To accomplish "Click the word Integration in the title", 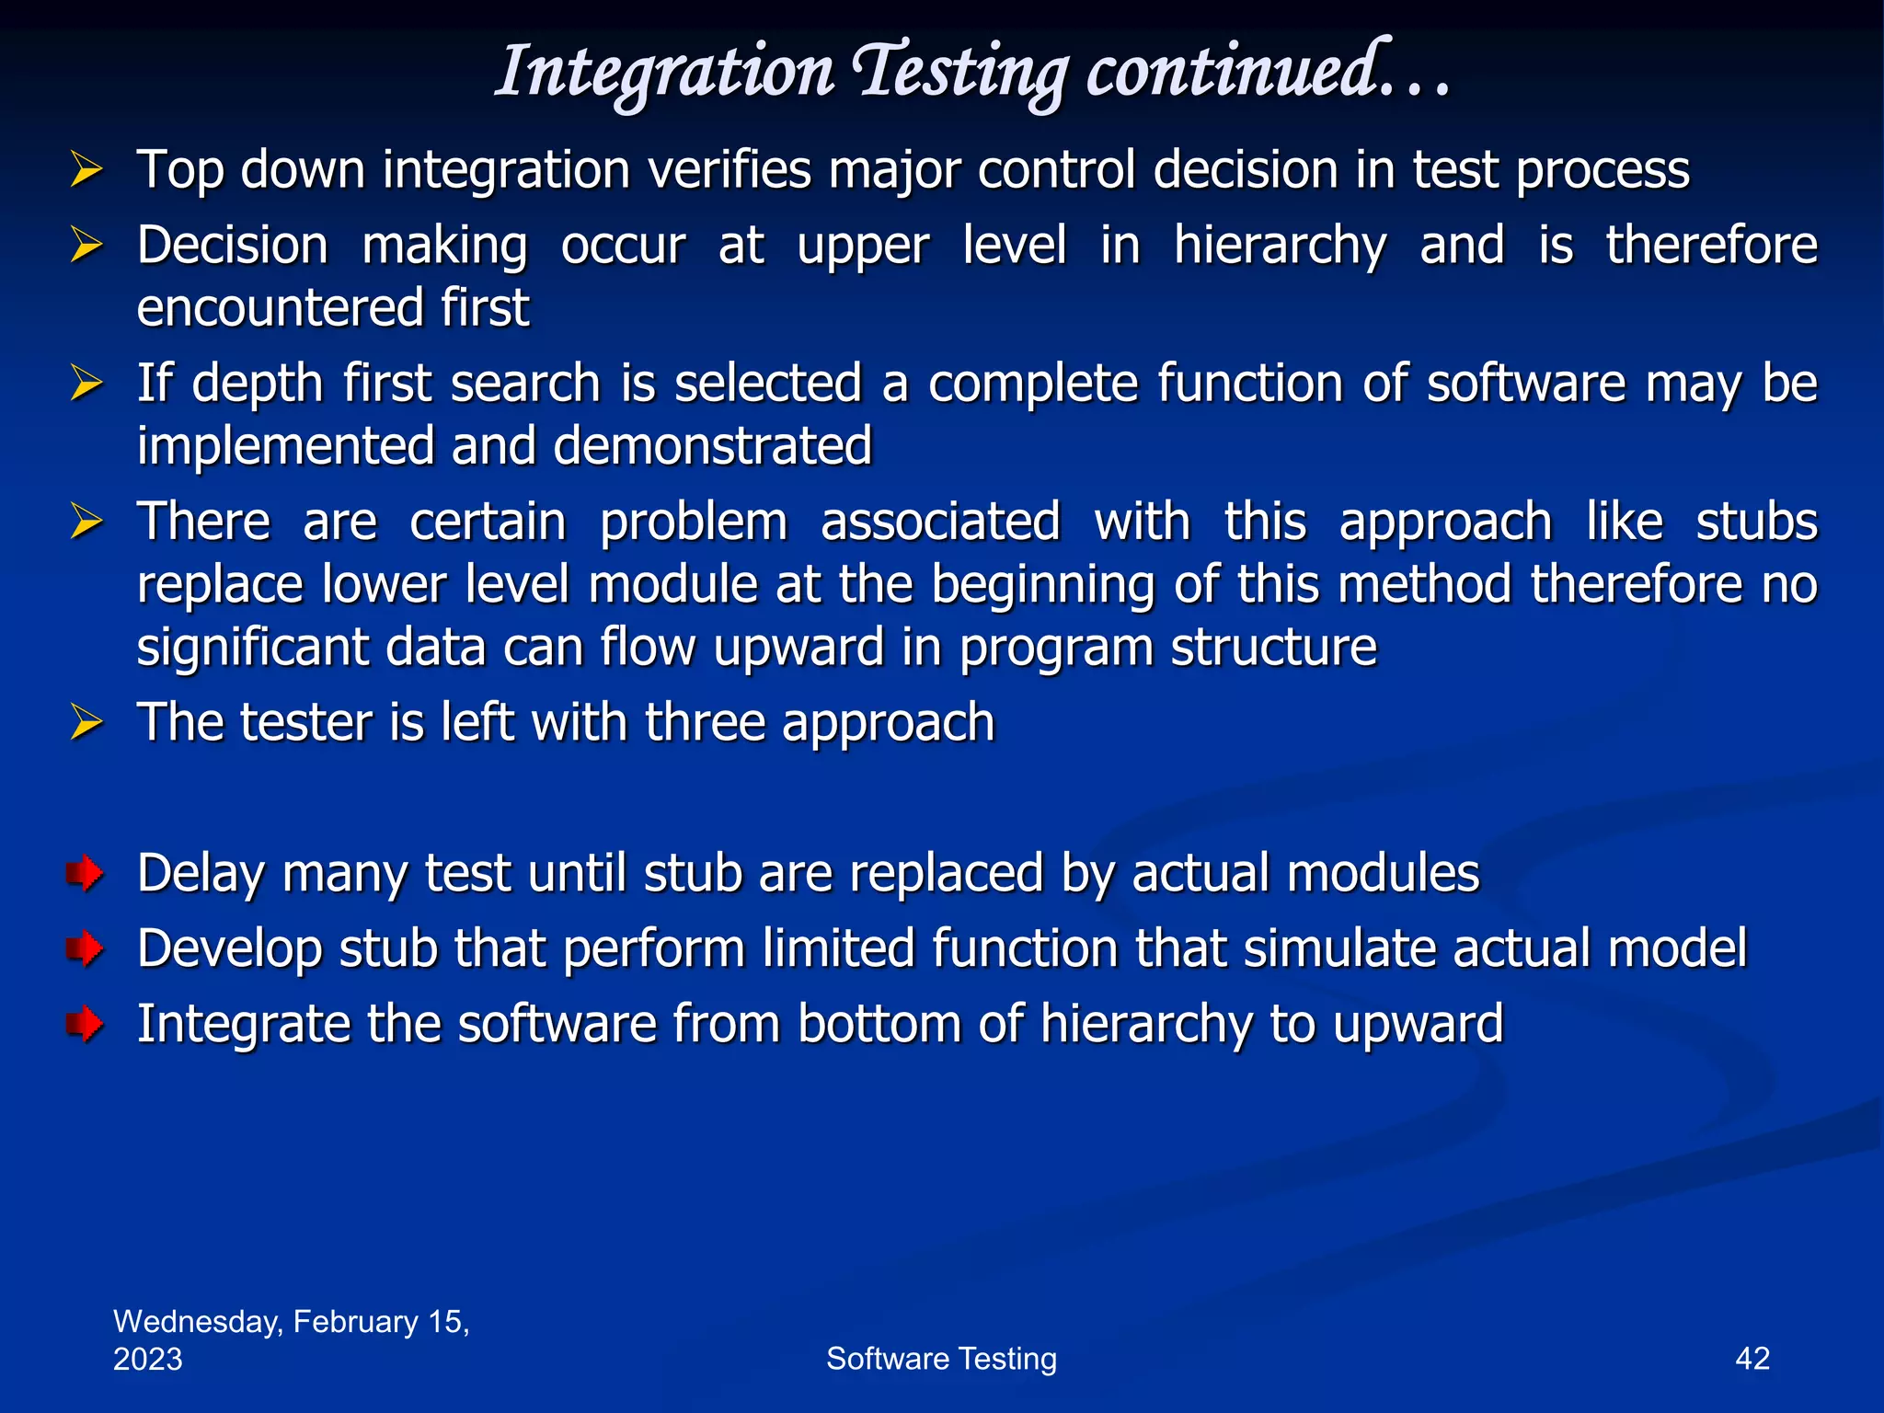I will [664, 72].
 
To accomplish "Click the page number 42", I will [1752, 1359].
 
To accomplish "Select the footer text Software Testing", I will [941, 1359].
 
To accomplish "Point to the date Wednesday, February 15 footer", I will [291, 1322].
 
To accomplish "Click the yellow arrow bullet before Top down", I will [86, 171].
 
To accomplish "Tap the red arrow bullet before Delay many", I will [85, 873].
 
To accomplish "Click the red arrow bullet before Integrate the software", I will [85, 1024].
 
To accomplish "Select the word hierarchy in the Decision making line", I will [1280, 247].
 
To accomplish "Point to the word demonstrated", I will [712, 446].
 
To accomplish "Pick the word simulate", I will [1339, 948].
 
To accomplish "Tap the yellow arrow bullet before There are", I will [86, 523].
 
